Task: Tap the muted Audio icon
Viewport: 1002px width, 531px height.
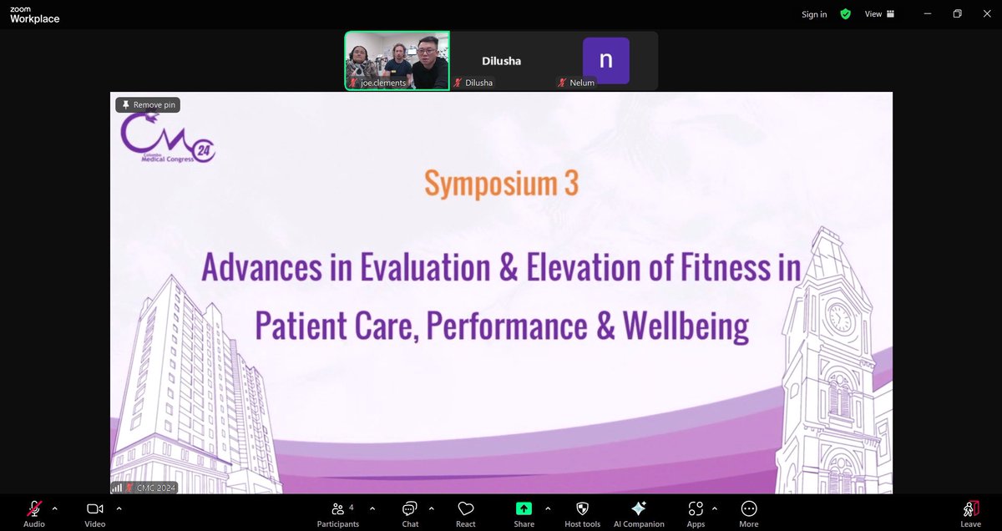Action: pos(34,508)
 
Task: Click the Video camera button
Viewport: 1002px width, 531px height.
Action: pos(94,508)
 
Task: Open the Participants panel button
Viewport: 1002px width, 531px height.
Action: pos(337,508)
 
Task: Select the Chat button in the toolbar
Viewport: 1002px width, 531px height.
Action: pos(410,508)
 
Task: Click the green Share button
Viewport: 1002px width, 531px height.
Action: pos(524,508)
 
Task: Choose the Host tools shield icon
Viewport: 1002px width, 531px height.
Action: pos(582,508)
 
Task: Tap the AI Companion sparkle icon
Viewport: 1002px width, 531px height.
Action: pos(639,508)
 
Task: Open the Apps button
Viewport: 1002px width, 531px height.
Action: pos(696,508)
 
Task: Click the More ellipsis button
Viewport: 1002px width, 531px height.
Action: pos(749,508)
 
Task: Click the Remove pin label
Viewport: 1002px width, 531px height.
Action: pos(148,105)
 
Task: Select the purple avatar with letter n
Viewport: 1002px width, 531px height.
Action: pos(605,60)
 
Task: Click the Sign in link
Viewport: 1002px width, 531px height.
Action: pos(814,14)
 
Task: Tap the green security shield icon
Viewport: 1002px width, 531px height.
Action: pos(845,14)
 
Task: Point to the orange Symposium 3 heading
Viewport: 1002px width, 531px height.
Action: pos(501,184)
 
